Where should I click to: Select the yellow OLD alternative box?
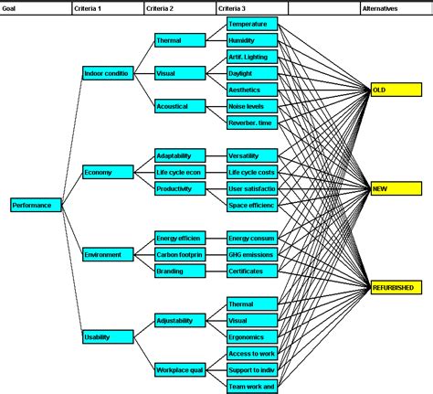tap(396, 90)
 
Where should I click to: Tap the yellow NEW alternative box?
tap(396, 188)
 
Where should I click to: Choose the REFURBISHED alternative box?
tap(396, 287)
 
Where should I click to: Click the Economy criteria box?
tap(108, 172)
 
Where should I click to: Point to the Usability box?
tap(108, 336)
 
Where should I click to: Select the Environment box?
tap(108, 254)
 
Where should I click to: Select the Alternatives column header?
tap(396, 6)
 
